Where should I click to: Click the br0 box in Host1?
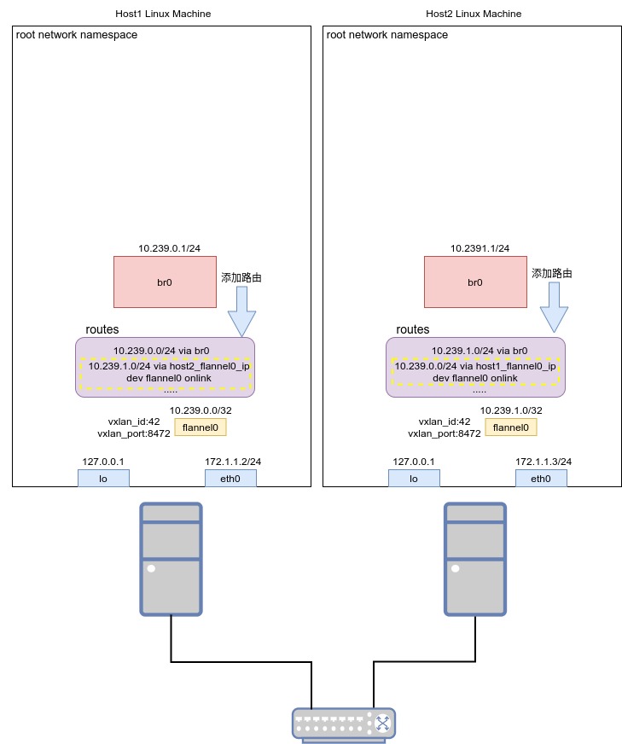click(x=166, y=282)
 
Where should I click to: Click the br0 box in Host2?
click(x=475, y=282)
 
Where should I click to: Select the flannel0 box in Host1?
click(x=201, y=427)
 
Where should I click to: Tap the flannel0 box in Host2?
click(x=511, y=427)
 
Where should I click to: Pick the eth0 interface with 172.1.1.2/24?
click(x=230, y=479)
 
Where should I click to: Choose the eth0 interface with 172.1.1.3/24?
click(x=541, y=479)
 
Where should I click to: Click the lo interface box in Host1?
click(x=103, y=479)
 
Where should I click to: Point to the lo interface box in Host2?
click(x=414, y=479)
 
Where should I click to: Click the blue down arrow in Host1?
click(x=242, y=311)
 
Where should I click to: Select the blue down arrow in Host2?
click(x=554, y=307)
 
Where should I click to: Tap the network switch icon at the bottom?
click(x=344, y=725)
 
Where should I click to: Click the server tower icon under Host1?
click(x=171, y=559)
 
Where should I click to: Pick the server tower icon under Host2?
click(x=475, y=559)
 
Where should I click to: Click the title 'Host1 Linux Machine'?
click(x=163, y=14)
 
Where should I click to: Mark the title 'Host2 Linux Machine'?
click(x=474, y=14)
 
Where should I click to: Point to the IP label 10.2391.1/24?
click(x=480, y=248)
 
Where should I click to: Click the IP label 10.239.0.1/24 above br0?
click(x=170, y=248)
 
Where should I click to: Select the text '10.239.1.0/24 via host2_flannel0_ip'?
click(x=169, y=366)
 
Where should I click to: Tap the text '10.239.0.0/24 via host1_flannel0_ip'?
click(x=475, y=366)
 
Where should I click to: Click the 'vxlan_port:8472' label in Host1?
click(x=134, y=433)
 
